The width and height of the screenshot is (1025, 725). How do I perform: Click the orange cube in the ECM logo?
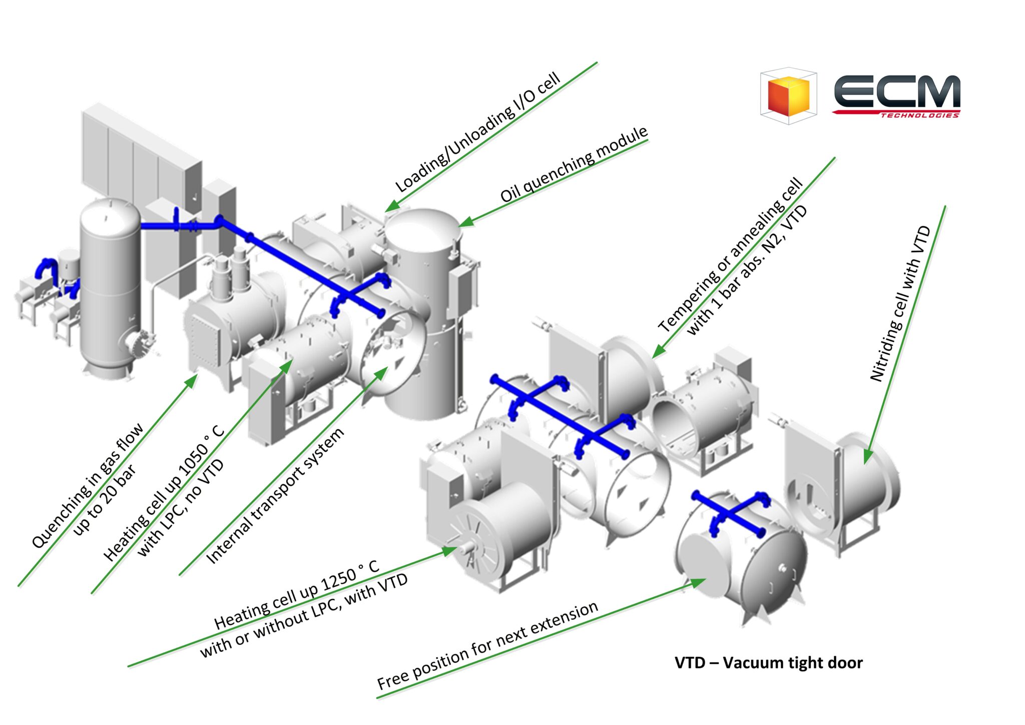[x=789, y=96]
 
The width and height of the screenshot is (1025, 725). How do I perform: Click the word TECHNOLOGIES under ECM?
[x=920, y=116]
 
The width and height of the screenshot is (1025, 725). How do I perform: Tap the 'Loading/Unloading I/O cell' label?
[x=478, y=133]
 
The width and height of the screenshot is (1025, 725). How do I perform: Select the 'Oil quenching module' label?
[x=574, y=164]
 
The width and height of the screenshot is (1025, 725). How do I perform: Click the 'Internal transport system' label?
[x=275, y=496]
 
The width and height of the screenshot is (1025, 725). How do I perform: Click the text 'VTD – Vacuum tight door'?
[x=769, y=662]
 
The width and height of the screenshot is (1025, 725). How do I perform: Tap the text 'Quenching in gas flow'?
[x=88, y=485]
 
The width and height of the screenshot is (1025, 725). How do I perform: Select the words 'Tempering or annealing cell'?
[x=730, y=255]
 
